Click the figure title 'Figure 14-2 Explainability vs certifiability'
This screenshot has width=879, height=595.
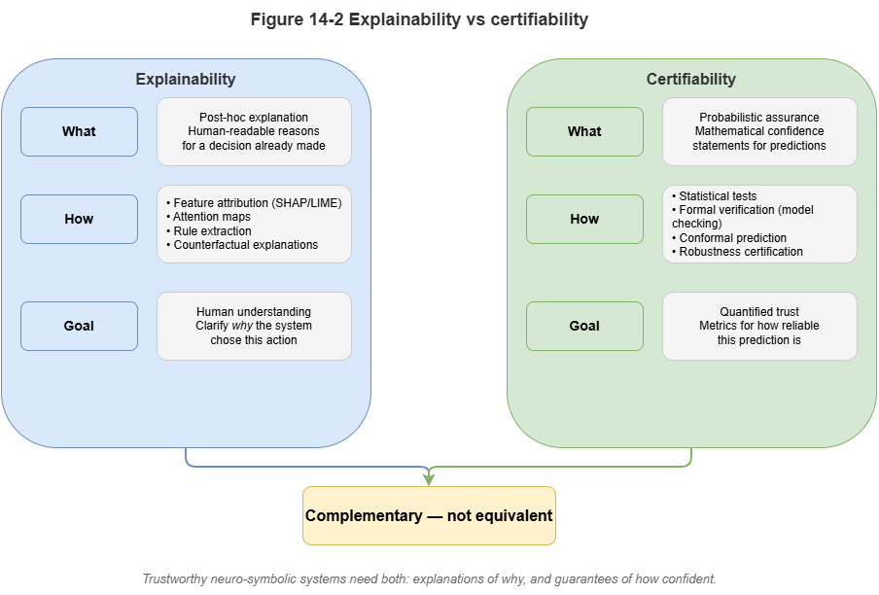419,19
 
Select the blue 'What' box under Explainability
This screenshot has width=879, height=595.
79,132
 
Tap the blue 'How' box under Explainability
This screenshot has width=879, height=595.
79,220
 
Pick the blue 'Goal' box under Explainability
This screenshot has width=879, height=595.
79,327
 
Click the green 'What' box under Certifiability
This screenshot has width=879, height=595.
584,132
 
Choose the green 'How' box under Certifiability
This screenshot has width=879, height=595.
584,220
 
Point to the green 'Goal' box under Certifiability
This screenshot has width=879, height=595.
584,327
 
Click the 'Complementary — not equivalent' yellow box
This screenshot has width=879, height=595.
429,515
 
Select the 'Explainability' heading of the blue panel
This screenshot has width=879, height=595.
185,80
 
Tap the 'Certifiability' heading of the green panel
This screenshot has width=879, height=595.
691,80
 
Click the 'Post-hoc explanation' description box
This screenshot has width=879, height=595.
254,131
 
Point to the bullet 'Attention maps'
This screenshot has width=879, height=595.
211,217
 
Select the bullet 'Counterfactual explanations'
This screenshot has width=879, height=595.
245,245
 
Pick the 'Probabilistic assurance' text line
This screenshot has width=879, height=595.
759,118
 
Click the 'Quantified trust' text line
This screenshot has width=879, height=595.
759,312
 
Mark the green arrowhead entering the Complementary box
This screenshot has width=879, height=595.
429,478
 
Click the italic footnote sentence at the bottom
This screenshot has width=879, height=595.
429,579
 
